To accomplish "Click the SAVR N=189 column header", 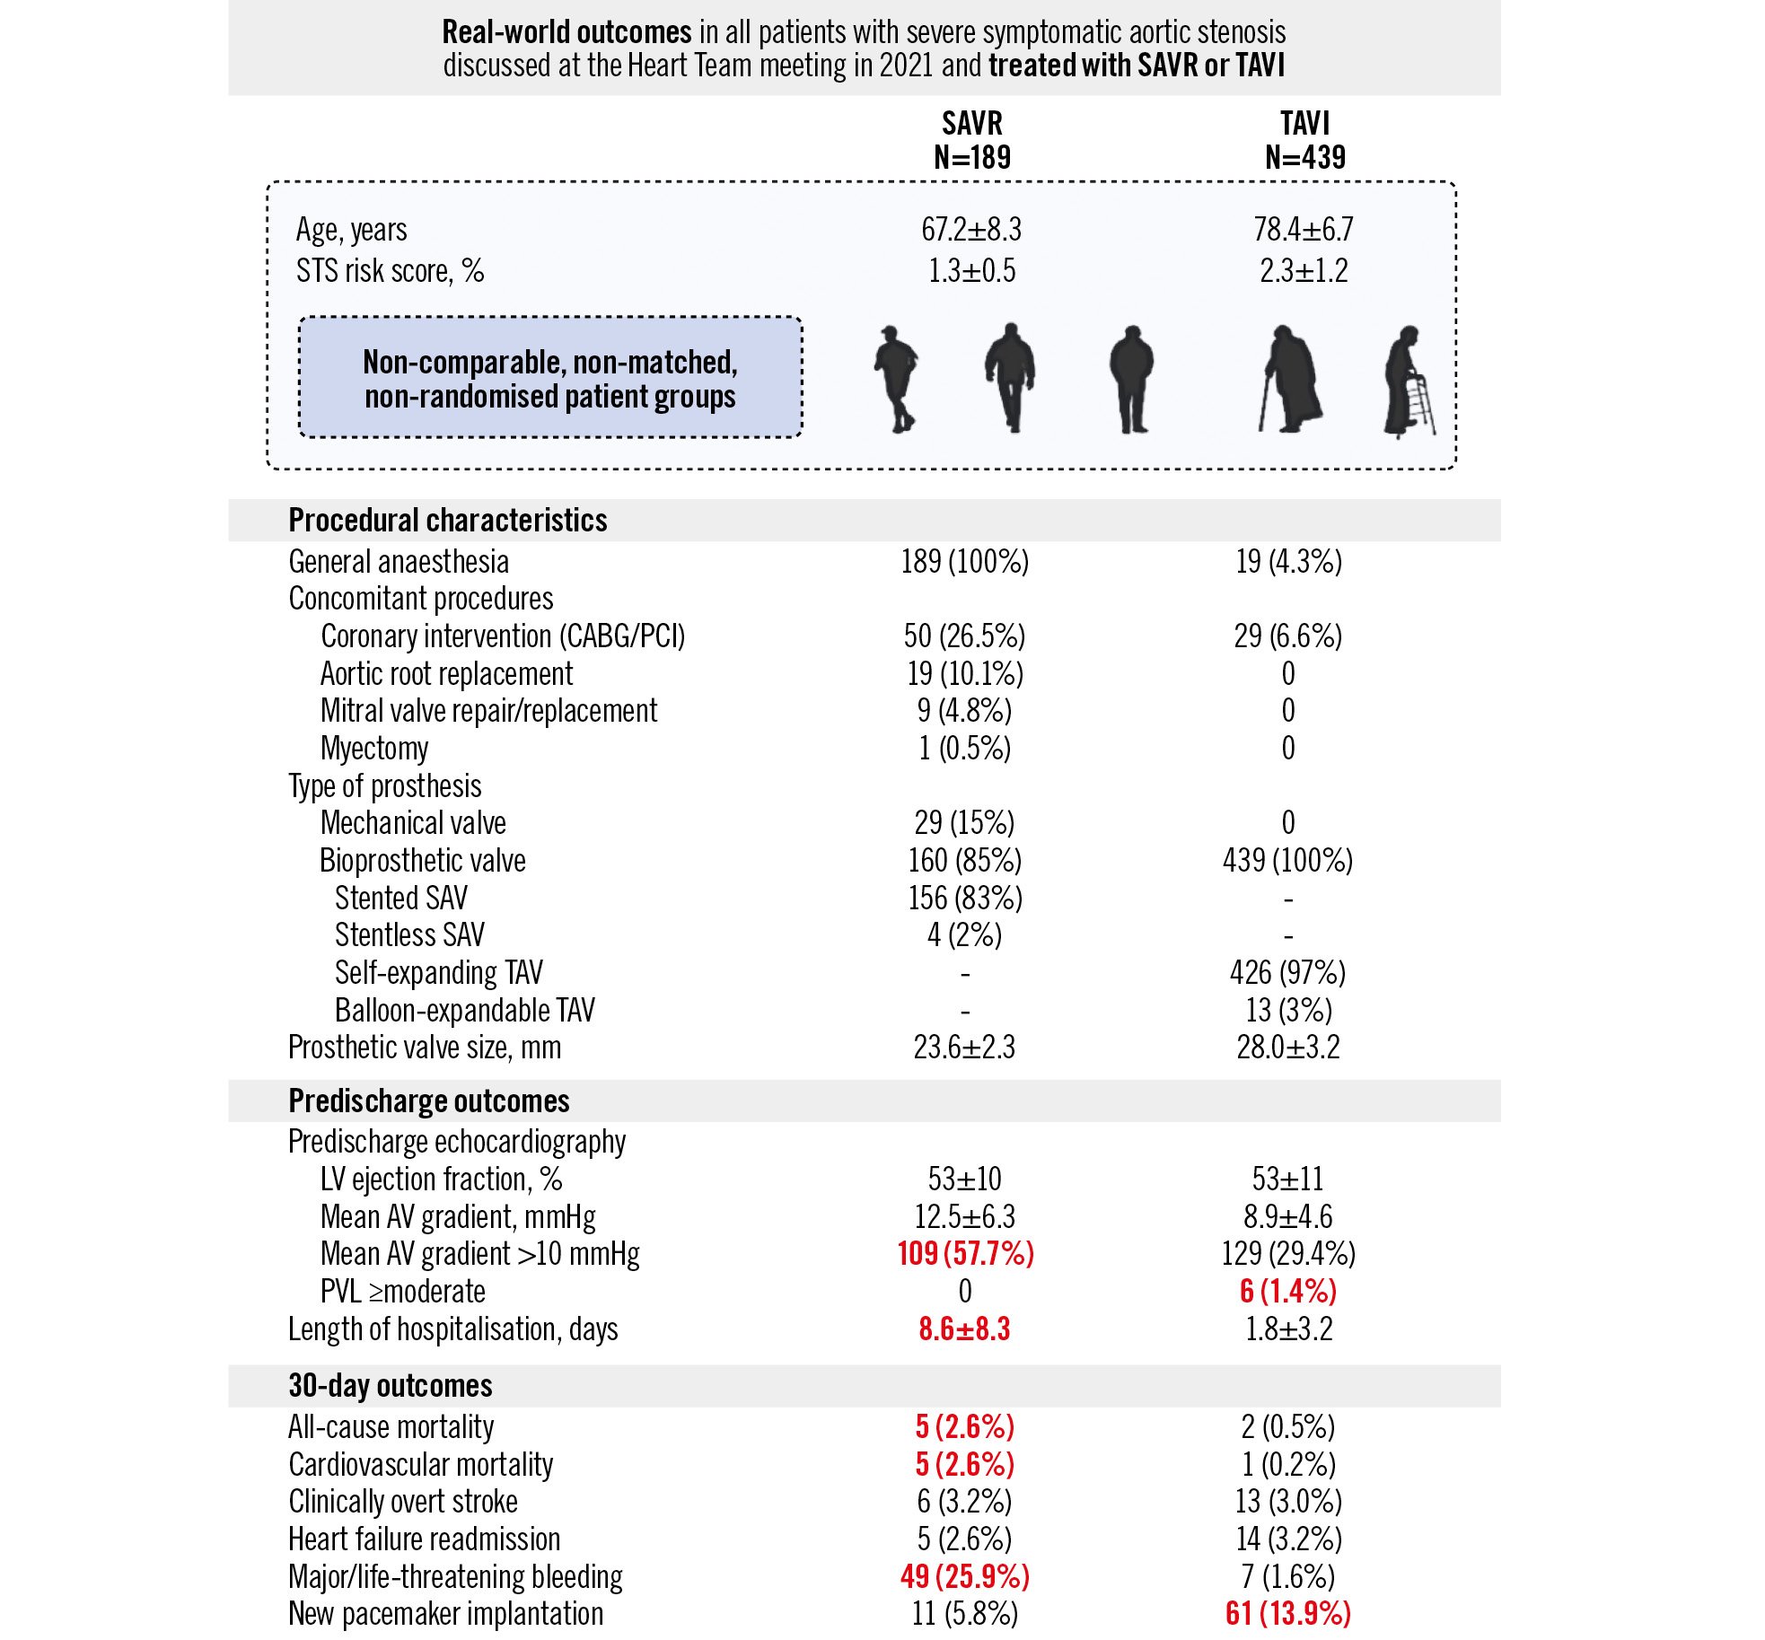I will pos(971,140).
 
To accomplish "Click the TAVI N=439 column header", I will pos(1304,140).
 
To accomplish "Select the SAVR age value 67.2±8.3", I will pos(971,230).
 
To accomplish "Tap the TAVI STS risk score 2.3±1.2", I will pos(1304,271).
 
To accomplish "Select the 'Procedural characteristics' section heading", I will pos(447,521).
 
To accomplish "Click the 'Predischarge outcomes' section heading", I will pos(428,1101).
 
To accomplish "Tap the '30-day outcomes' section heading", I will pos(390,1386).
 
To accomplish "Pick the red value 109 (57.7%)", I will pos(965,1254).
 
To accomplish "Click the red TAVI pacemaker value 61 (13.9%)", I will pos(1287,1614).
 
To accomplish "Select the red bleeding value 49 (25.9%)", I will pos(964,1576).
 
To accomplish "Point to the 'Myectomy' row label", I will pos(373,749).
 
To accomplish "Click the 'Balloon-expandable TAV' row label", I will pos(464,1011).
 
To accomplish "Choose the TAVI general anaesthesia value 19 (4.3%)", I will pos(1288,562).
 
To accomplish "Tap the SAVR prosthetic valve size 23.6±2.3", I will pos(964,1048).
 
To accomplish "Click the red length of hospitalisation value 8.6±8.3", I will pos(964,1329).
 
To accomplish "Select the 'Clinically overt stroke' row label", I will pos(402,1502).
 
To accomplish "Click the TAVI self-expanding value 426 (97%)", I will pos(1287,973).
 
